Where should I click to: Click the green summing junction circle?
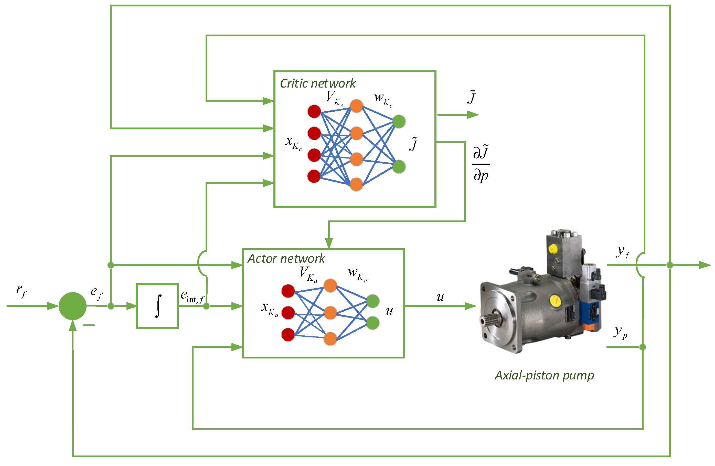coord(73,306)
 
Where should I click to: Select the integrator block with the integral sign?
coord(157,306)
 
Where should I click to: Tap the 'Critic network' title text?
coord(317,83)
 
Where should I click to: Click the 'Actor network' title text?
coord(286,259)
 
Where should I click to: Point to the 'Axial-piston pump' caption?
coord(544,376)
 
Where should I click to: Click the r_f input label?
coord(21,291)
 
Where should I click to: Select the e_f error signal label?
coord(97,293)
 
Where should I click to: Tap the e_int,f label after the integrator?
coord(193,296)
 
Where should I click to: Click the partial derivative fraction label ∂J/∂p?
coord(481,164)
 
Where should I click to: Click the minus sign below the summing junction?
coord(89,325)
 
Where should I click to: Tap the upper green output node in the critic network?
coord(399,121)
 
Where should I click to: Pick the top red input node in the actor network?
coord(288,291)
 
